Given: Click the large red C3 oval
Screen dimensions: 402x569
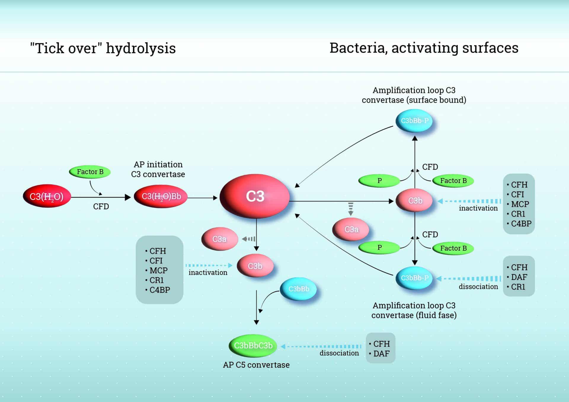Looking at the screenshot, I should point(255,196).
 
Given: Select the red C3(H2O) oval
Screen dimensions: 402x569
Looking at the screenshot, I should point(47,196).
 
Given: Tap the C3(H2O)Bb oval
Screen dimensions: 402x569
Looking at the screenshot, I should point(161,196).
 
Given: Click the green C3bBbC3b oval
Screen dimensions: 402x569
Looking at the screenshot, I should point(253,345).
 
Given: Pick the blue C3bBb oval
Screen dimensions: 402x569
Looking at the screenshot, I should point(298,289).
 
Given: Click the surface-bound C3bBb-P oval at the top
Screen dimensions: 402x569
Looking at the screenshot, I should point(414,121).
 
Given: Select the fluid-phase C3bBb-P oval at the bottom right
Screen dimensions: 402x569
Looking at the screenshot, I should point(414,278).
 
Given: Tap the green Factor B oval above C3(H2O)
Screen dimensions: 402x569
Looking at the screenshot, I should point(90,172).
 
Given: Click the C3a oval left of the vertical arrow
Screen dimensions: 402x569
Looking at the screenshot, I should point(219,239).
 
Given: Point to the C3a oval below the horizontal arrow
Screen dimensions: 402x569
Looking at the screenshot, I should point(351,229).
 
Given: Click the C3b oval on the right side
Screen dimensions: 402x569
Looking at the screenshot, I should point(415,201).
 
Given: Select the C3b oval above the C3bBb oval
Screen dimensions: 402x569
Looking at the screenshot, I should point(255,266).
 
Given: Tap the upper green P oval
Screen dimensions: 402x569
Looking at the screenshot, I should point(379,181).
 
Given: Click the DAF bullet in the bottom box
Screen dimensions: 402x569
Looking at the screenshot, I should point(381,354).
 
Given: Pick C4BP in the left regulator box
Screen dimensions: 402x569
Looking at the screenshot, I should point(159,290).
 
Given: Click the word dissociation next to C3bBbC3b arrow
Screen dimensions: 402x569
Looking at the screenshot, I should point(339,353).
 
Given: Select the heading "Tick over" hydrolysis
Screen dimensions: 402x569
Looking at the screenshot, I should point(103,48).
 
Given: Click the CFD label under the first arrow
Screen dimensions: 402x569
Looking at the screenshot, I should point(101,206).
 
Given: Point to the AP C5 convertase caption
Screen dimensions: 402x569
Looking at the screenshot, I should point(256,365).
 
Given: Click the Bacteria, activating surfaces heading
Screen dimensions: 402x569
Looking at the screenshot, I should point(424,48).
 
